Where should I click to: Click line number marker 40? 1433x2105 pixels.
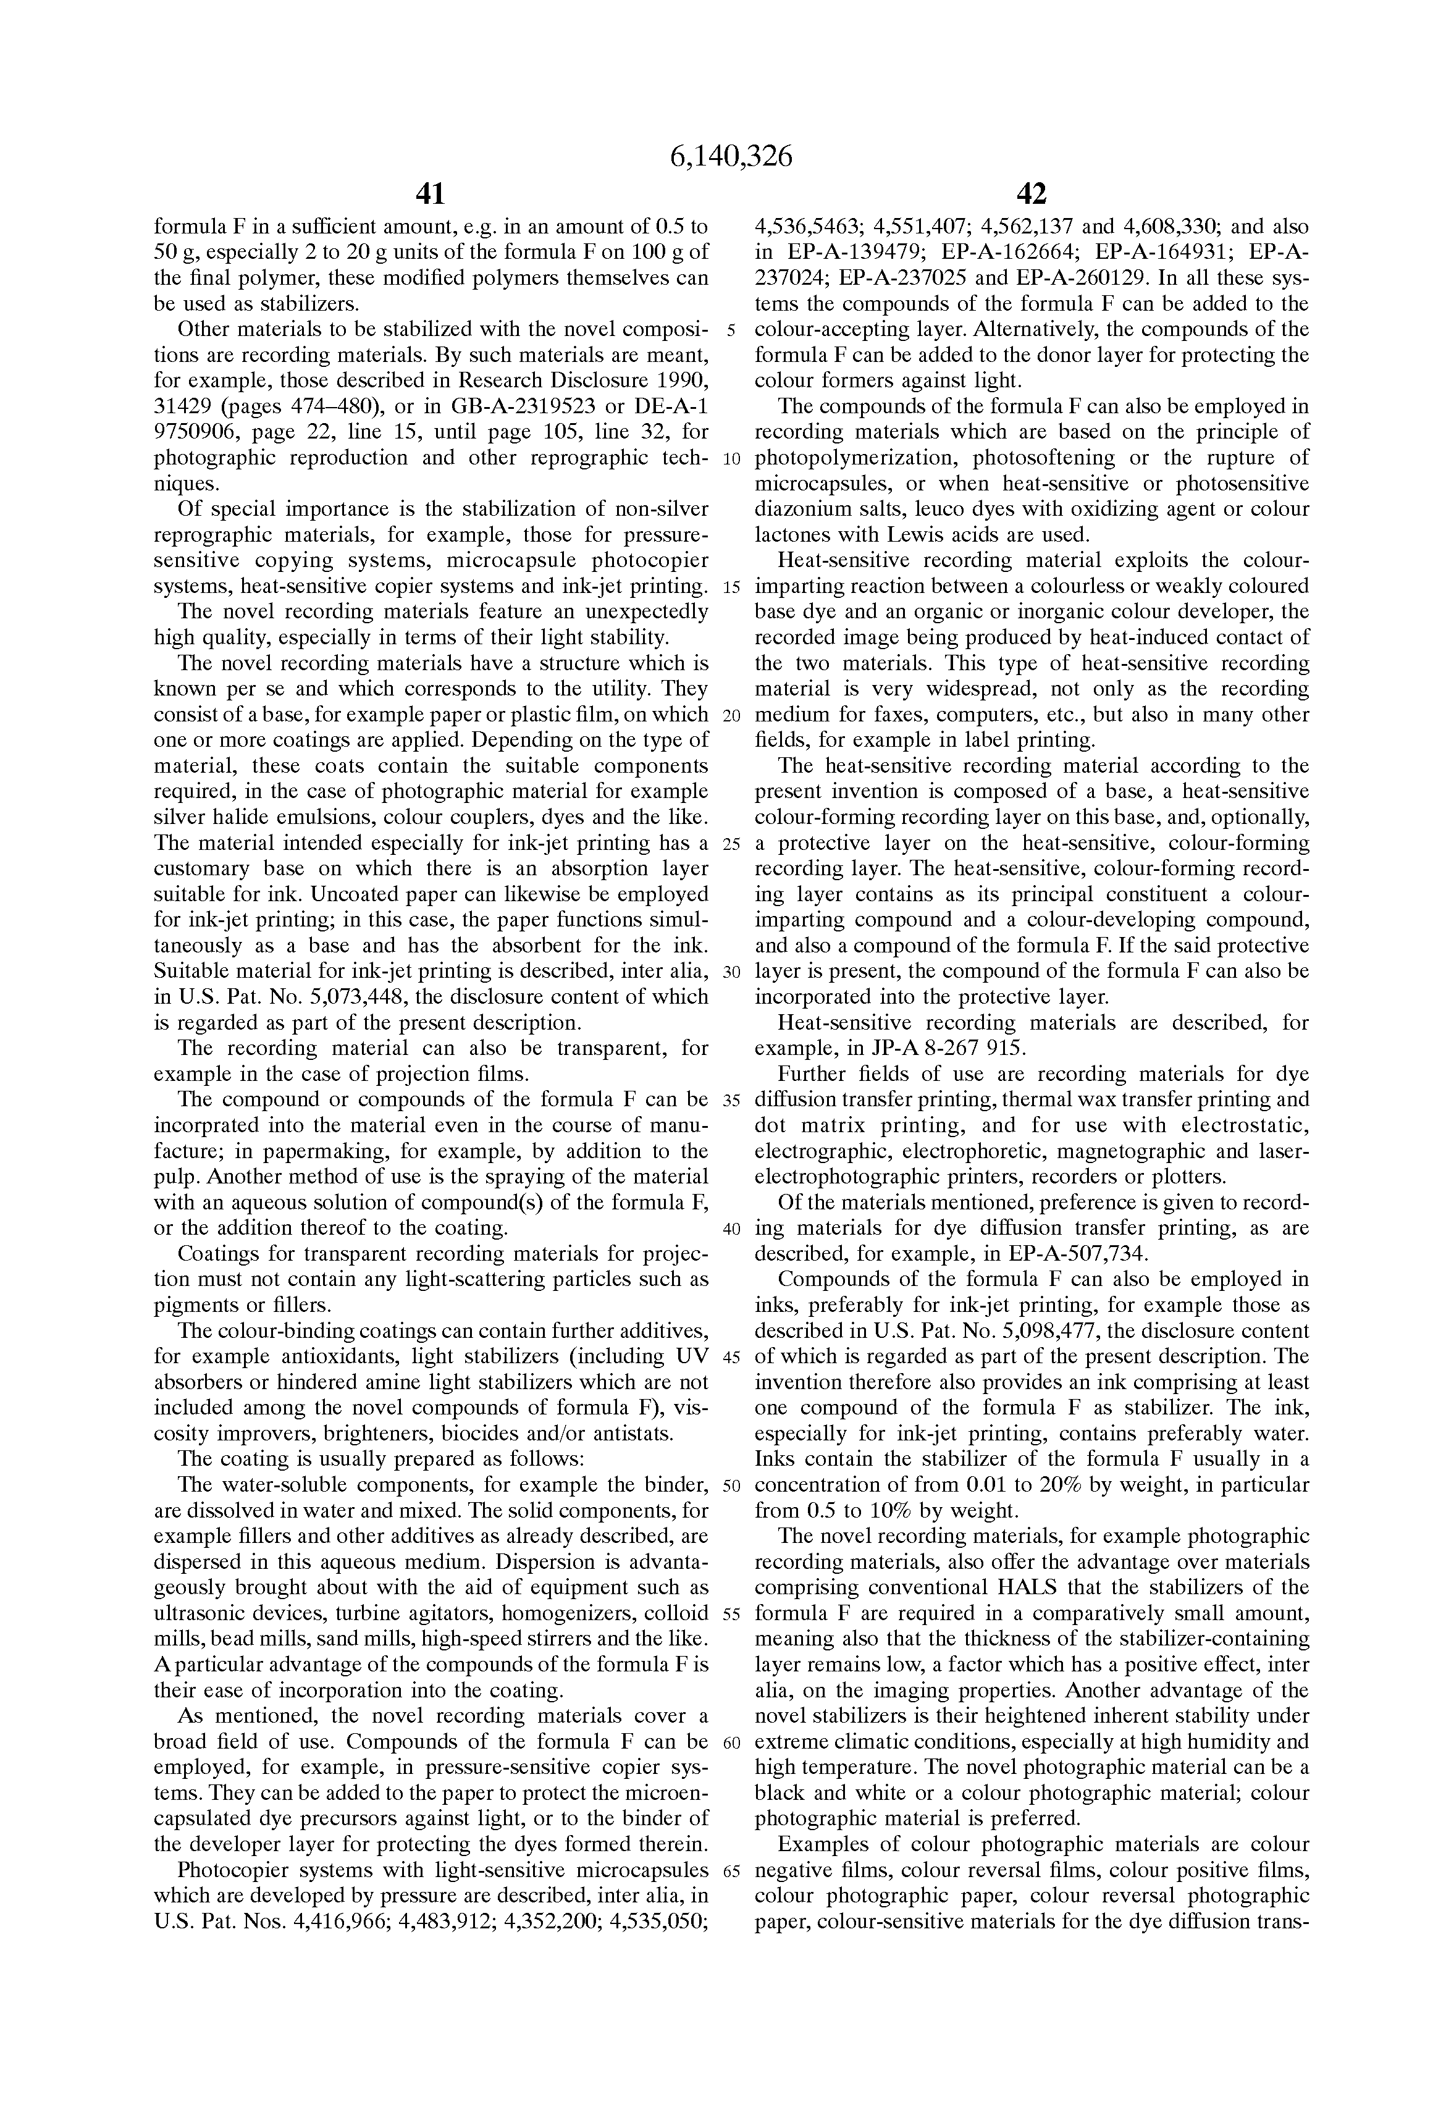[732, 1229]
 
